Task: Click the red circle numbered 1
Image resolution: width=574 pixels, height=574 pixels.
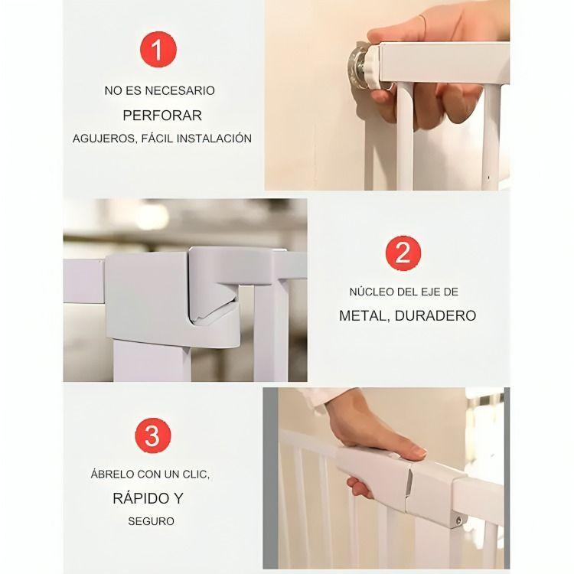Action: coord(158,50)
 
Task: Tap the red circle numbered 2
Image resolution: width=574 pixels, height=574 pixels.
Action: coord(403,253)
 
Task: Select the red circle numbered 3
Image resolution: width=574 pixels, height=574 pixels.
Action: coord(152,436)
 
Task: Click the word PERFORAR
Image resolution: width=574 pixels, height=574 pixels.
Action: coord(162,116)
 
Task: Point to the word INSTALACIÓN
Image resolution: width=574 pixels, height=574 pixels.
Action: coord(214,139)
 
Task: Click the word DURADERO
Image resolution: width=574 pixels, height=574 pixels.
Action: coord(435,315)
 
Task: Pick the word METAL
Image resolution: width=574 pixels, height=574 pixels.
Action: coord(364,316)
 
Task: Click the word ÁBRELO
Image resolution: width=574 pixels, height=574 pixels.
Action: coord(113,474)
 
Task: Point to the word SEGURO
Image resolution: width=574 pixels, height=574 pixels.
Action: coord(151,521)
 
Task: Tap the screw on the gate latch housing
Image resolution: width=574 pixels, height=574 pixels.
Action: coord(458,520)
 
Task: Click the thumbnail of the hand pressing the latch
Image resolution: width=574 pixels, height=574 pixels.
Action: coord(386,478)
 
